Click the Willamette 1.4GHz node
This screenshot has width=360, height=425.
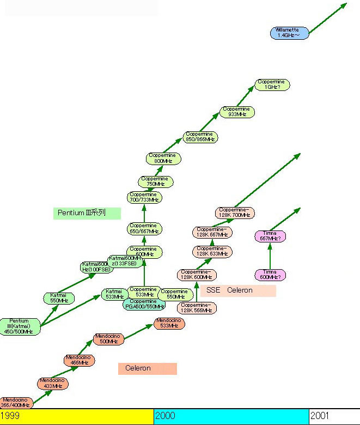289,33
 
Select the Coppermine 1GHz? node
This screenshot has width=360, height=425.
272,84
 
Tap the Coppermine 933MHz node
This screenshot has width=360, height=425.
237,112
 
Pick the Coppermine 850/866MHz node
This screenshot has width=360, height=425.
201,137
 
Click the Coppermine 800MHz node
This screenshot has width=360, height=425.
164,159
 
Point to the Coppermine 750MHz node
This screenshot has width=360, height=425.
156,181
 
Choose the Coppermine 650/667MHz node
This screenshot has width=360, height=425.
144,228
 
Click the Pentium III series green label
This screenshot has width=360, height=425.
87,212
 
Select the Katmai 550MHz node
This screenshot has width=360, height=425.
58,298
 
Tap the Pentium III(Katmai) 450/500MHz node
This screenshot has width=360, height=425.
20,326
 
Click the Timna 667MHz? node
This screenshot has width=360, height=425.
270,236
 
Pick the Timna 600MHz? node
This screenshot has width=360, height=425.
270,275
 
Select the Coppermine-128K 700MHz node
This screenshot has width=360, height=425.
234,212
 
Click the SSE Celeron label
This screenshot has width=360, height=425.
237,290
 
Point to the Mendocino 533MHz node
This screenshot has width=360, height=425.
169,323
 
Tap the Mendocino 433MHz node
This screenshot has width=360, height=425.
53,383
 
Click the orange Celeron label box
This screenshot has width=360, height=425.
147,368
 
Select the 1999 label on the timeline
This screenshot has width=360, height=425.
10,416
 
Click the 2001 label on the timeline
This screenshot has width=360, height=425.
320,416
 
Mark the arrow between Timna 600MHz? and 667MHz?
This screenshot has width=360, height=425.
270,255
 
